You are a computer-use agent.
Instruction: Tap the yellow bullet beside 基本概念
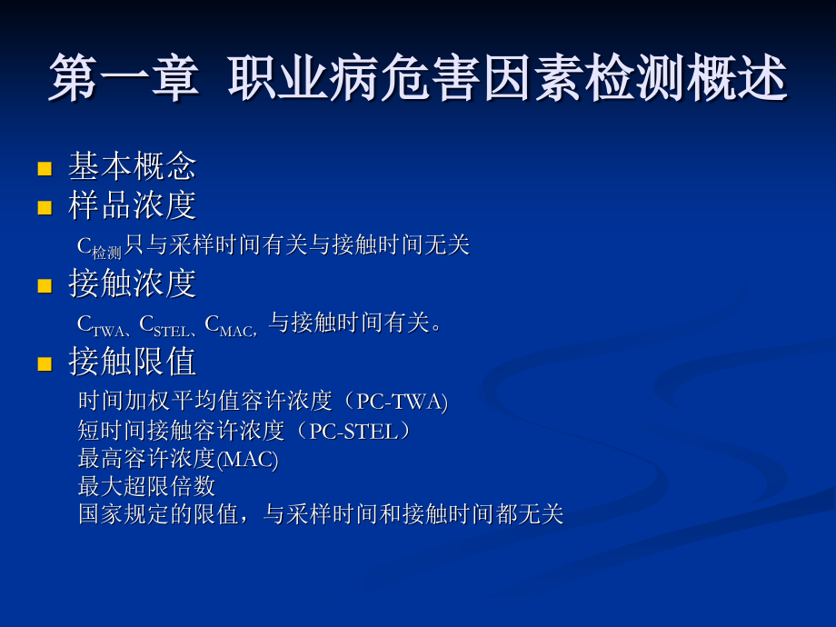click(x=44, y=168)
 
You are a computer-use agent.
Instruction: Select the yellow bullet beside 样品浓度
click(x=44, y=207)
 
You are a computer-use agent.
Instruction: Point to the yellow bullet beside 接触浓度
click(x=44, y=286)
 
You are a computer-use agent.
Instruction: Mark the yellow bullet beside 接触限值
click(x=44, y=364)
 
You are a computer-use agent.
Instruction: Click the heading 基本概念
click(x=132, y=166)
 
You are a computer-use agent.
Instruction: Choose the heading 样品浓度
click(x=132, y=205)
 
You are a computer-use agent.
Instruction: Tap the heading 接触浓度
click(x=132, y=284)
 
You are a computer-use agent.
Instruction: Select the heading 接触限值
click(x=132, y=363)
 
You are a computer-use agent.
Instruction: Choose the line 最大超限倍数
click(x=146, y=486)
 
